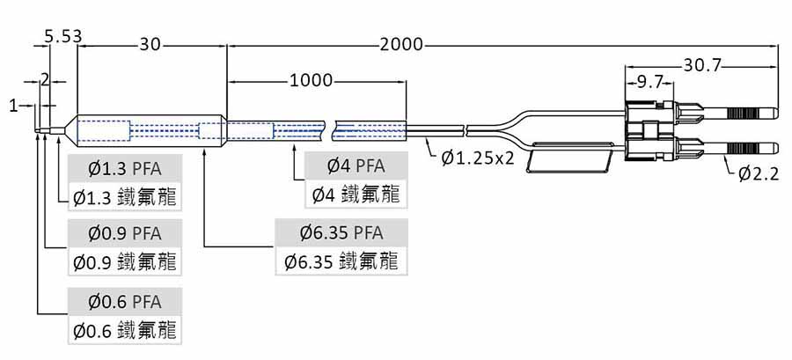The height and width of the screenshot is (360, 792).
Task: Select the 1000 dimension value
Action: pos(311,81)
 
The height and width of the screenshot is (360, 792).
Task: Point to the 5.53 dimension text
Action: pos(62,36)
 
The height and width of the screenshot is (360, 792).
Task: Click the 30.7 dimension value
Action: pos(702,65)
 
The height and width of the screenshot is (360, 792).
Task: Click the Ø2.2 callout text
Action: pos(759,174)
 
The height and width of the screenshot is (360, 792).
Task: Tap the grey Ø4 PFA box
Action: pos(356,165)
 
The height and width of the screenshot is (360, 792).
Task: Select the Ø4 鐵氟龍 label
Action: pos(356,194)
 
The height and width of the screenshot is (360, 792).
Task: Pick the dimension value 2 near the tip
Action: pos(45,79)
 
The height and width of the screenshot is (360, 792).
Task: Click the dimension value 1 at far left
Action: pos(13,106)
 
